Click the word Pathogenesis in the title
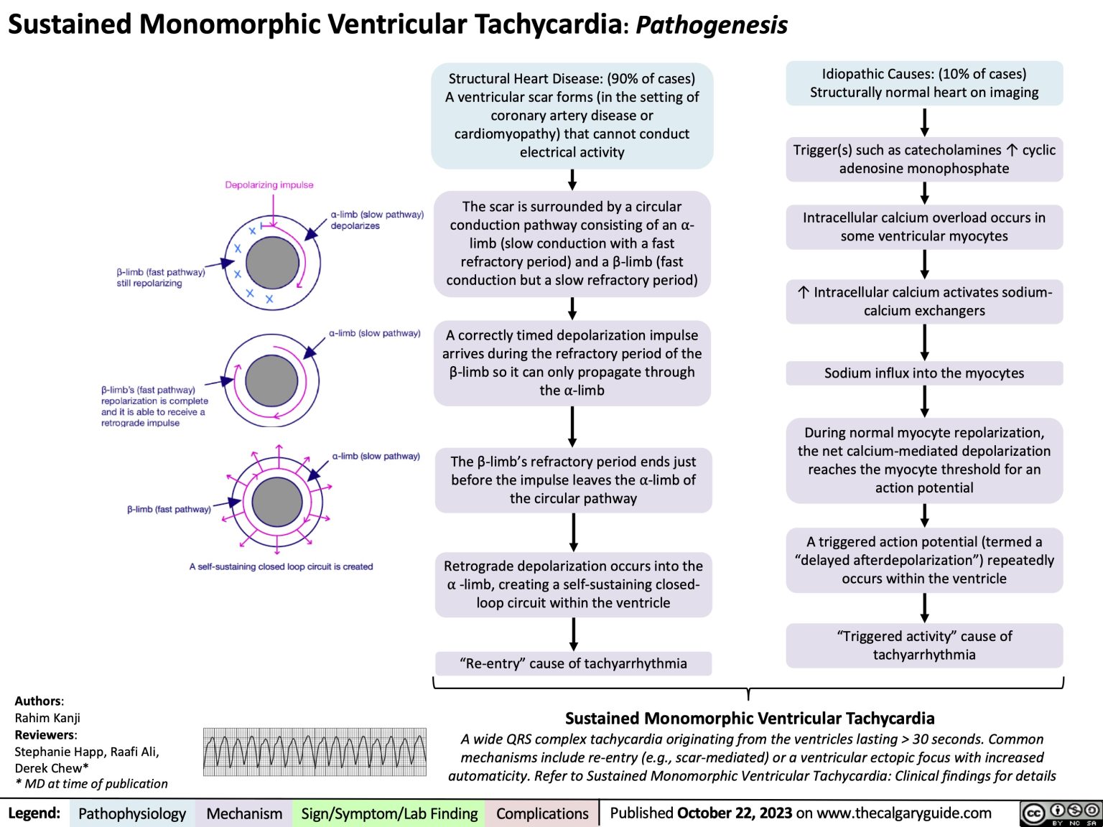711,25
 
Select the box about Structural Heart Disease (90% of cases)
572,116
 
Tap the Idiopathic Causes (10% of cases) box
924,83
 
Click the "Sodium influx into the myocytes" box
924,373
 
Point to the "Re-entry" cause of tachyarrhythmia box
573,663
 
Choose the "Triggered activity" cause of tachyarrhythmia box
924,645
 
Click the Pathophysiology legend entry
132,813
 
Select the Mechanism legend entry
244,813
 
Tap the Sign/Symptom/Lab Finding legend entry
389,813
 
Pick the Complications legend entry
542,813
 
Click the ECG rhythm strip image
315,752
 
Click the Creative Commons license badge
1060,813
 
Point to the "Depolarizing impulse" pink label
269,185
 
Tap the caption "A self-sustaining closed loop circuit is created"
281,566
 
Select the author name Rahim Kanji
47,718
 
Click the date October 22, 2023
734,813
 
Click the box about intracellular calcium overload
924,227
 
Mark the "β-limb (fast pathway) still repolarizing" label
160,278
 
